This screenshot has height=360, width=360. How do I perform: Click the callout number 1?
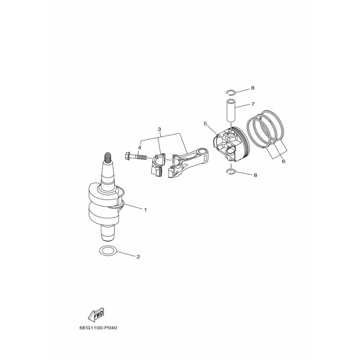[x=145, y=210]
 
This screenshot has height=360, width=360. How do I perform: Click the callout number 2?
[x=138, y=256]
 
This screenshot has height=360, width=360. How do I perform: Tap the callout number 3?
[x=159, y=129]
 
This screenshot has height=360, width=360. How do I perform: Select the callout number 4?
[x=139, y=147]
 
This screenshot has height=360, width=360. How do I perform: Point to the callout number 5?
[x=205, y=124]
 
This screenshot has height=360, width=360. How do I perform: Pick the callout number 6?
[x=283, y=162]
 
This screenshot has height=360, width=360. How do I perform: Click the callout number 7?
[x=253, y=104]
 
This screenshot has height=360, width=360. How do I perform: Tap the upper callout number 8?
[x=253, y=88]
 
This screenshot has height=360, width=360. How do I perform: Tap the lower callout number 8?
[x=255, y=175]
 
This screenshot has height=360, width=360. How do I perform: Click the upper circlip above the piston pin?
[x=230, y=92]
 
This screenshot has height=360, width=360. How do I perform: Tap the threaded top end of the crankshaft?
[x=108, y=157]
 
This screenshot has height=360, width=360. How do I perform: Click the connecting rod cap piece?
[x=158, y=165]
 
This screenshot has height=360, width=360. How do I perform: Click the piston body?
[x=231, y=144]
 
